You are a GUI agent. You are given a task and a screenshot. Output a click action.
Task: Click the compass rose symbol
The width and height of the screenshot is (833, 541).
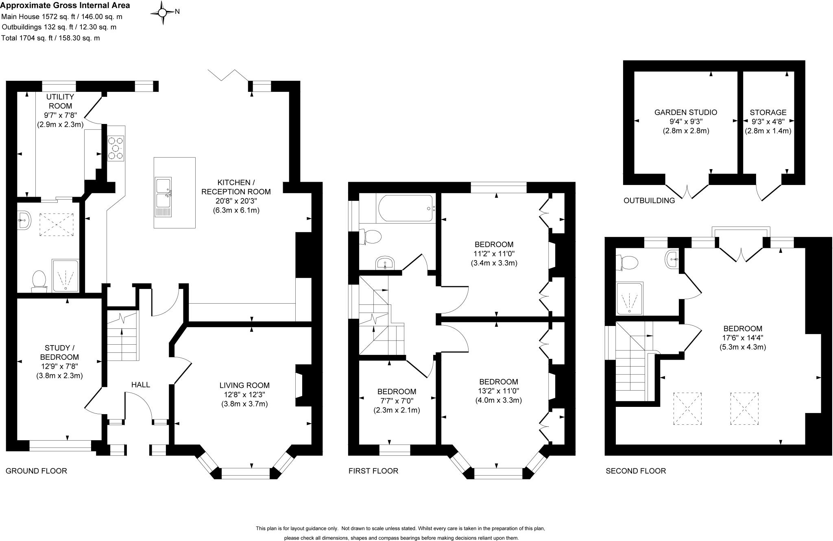pos(162,13)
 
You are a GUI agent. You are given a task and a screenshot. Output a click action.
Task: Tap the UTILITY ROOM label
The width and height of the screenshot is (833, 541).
pos(60,101)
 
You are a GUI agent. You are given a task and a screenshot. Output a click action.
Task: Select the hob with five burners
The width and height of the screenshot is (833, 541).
pos(116,148)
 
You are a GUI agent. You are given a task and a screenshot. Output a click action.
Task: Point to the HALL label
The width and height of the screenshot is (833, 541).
pos(141,385)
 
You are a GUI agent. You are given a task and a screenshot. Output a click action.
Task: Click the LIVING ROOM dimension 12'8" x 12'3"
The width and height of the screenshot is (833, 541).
pos(244,394)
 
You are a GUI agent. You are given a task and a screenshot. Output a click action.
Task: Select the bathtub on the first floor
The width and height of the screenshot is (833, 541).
pos(406,208)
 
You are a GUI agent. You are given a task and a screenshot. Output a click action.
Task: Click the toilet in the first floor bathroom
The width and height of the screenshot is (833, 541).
pos(371,237)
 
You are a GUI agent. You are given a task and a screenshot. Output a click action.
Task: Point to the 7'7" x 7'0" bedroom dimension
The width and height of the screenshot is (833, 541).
pos(397,401)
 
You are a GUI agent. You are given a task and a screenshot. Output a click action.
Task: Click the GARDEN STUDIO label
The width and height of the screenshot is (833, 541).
pos(685,112)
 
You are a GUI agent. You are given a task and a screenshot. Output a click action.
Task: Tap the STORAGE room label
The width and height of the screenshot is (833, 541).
pos(768,112)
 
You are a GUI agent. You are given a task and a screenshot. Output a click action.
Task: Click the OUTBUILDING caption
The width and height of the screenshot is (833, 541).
pos(649,200)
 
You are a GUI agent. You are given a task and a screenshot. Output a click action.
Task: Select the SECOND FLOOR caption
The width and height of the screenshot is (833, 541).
pos(636,471)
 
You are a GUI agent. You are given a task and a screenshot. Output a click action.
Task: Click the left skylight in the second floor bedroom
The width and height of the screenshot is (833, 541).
pos(687,408)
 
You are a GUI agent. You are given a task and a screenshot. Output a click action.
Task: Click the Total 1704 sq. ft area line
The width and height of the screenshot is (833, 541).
pos(50,38)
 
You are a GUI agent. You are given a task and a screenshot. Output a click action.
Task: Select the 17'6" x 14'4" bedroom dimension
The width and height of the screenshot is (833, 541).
pos(742,338)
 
